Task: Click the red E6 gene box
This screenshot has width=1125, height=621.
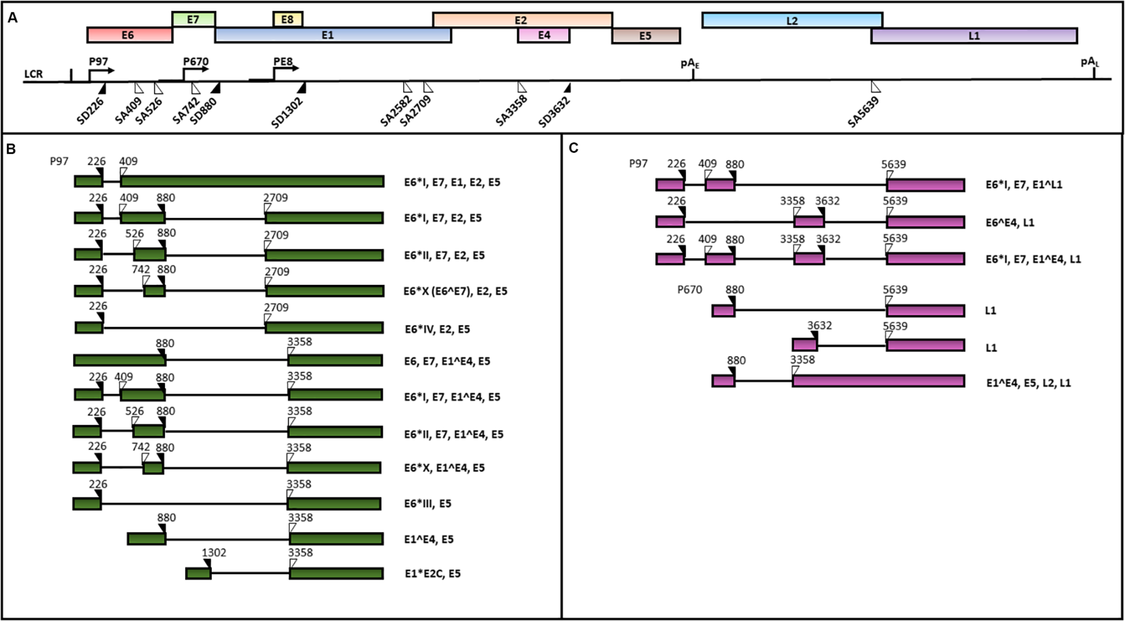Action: coord(130,35)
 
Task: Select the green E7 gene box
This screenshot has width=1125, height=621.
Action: coord(193,19)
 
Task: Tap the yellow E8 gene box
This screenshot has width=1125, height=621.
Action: coord(288,19)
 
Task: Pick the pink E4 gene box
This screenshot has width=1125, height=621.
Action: coord(544,35)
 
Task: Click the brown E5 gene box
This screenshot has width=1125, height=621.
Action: coord(645,36)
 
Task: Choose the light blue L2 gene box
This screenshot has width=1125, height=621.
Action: coord(792,20)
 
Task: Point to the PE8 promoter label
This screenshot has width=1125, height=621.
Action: coord(283,61)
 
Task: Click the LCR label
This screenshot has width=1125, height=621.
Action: coord(34,74)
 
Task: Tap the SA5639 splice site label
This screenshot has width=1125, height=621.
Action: coord(863,112)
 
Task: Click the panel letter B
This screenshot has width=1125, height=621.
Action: coord(11,149)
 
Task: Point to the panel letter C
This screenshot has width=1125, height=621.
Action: coord(573,148)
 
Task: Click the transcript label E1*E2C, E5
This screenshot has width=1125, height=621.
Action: coord(432,573)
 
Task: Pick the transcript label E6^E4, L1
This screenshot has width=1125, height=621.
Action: coord(1010,223)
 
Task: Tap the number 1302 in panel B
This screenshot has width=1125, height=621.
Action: coord(214,552)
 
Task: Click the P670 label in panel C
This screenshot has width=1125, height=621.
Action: coord(689,290)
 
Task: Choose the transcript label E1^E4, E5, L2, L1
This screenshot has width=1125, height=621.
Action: coord(1028,383)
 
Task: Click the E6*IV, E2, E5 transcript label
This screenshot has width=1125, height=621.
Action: coord(437,329)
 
